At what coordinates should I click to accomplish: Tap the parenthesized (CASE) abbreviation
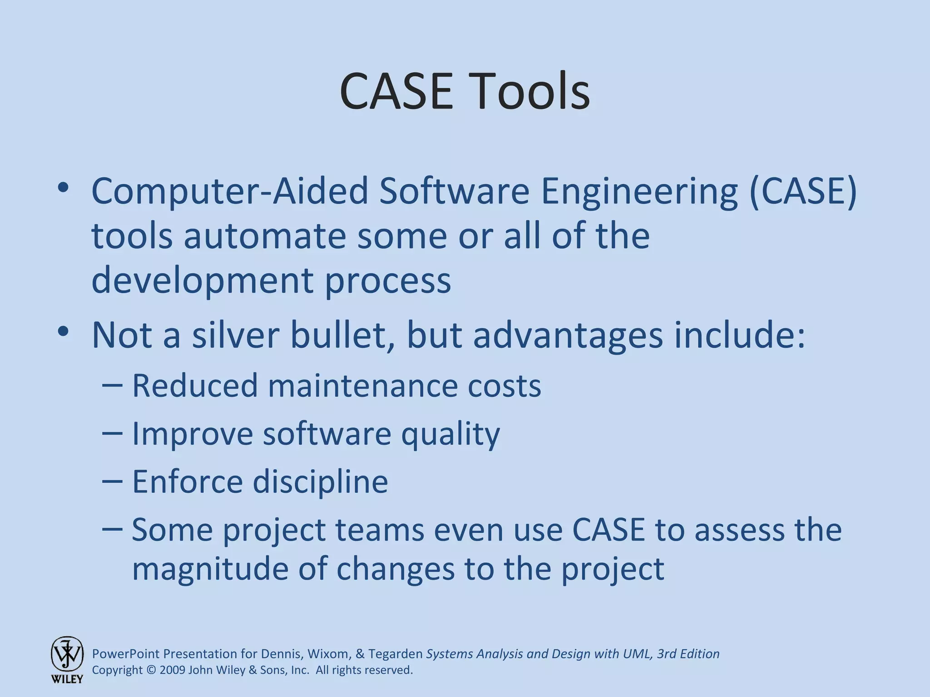point(803,191)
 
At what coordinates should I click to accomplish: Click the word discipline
point(320,481)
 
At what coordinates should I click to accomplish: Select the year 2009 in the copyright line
point(172,670)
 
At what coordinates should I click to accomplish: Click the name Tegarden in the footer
point(396,654)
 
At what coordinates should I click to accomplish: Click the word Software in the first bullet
point(454,191)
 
